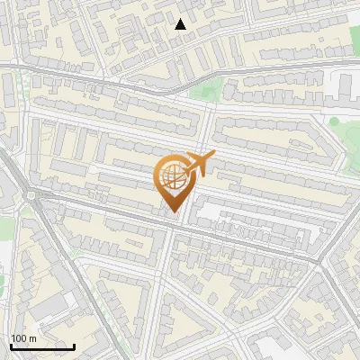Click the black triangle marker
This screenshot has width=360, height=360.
tap(181, 24)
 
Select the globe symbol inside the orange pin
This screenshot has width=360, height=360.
tap(175, 176)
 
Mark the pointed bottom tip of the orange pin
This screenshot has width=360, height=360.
tap(175, 212)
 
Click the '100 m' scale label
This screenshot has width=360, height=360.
tap(23, 338)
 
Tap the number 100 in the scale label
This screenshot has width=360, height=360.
tap(19, 338)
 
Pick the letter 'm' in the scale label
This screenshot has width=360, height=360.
tap(32, 338)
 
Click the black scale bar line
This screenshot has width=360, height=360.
tap(41, 346)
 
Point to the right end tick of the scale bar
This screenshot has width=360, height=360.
tap(74, 345)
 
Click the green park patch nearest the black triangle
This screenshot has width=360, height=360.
tap(208, 90)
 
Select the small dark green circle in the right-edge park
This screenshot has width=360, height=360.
tap(334, 121)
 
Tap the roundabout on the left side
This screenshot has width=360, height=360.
tap(34, 196)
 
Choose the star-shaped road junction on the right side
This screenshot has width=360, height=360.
tap(320, 261)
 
